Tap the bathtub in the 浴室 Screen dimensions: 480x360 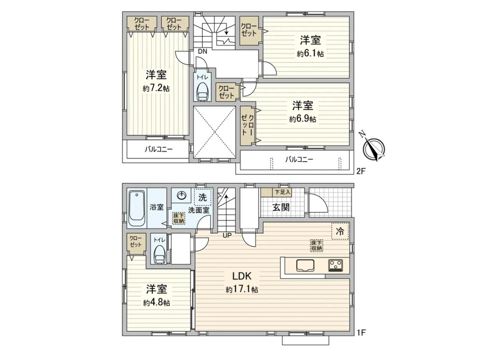(137, 209)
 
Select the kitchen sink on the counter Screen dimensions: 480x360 (305, 265)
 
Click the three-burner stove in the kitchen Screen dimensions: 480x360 (336, 265)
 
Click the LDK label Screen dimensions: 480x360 (242, 276)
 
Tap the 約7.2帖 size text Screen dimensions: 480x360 (156, 89)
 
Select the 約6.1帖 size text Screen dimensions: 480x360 (310, 54)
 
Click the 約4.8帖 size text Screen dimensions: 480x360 (157, 303)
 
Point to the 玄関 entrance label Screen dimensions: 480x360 (281, 207)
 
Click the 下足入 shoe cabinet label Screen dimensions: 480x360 (282, 193)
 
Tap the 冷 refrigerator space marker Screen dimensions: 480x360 (340, 232)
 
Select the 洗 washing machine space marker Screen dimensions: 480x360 (203, 197)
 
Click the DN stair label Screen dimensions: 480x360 (202, 51)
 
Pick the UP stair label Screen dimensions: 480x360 (227, 235)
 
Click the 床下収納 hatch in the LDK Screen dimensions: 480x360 (316, 246)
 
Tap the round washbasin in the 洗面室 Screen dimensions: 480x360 (182, 195)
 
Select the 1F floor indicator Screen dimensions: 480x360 (361, 332)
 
